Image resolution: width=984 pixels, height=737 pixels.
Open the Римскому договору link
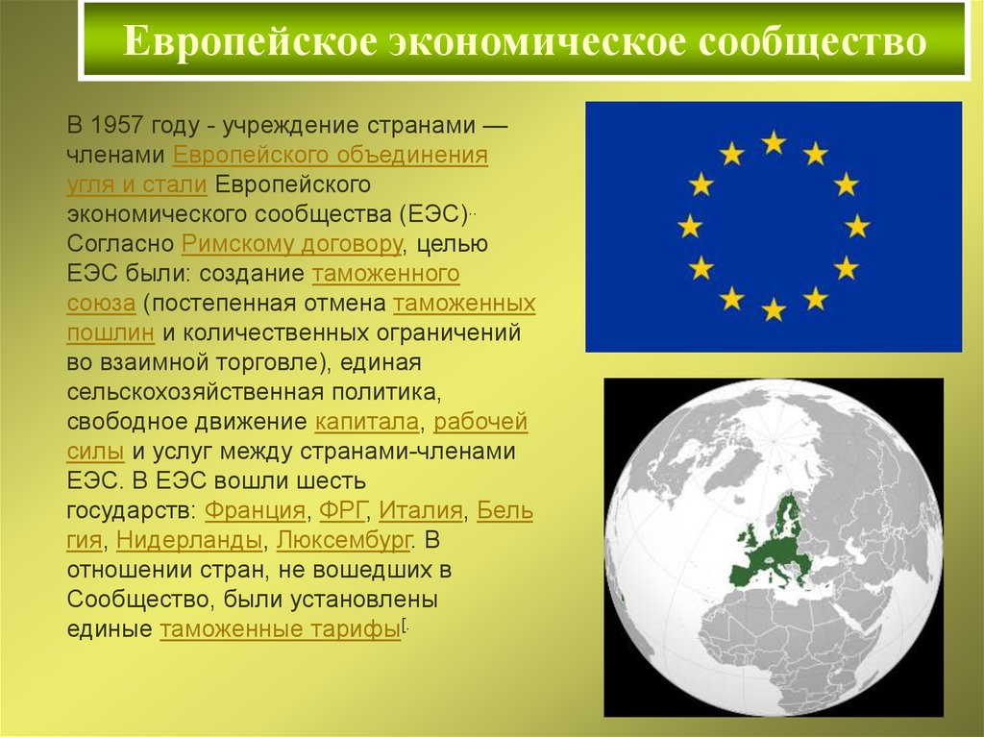click(292, 244)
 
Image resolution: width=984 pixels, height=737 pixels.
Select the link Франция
click(255, 510)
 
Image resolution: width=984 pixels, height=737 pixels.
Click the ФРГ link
click(342, 509)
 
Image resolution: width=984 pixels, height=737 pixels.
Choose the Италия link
click(421, 509)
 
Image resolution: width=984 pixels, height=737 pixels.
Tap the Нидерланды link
click(189, 540)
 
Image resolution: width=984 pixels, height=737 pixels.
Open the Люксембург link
click(344, 540)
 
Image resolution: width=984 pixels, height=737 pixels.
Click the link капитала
click(366, 422)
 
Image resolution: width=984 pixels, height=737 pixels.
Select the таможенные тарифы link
click(280, 629)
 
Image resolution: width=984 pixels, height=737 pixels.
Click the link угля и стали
click(136, 184)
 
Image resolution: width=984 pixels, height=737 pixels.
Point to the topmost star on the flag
click(774, 142)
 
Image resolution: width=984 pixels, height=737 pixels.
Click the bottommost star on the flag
click(774, 309)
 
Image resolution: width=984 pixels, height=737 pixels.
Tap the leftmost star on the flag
click(690, 226)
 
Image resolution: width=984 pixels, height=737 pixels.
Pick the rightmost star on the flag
click(857, 226)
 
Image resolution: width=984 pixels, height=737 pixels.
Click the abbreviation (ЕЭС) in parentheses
click(433, 214)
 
